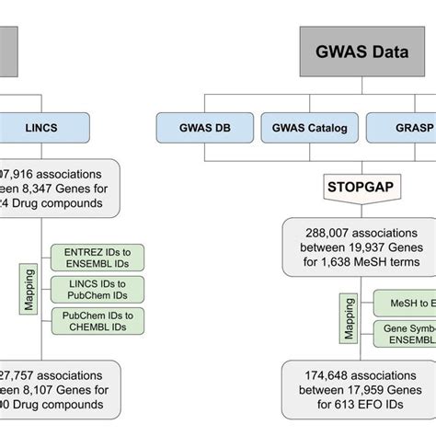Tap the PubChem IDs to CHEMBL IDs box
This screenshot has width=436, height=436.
(98, 321)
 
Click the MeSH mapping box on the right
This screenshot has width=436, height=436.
(404, 304)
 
